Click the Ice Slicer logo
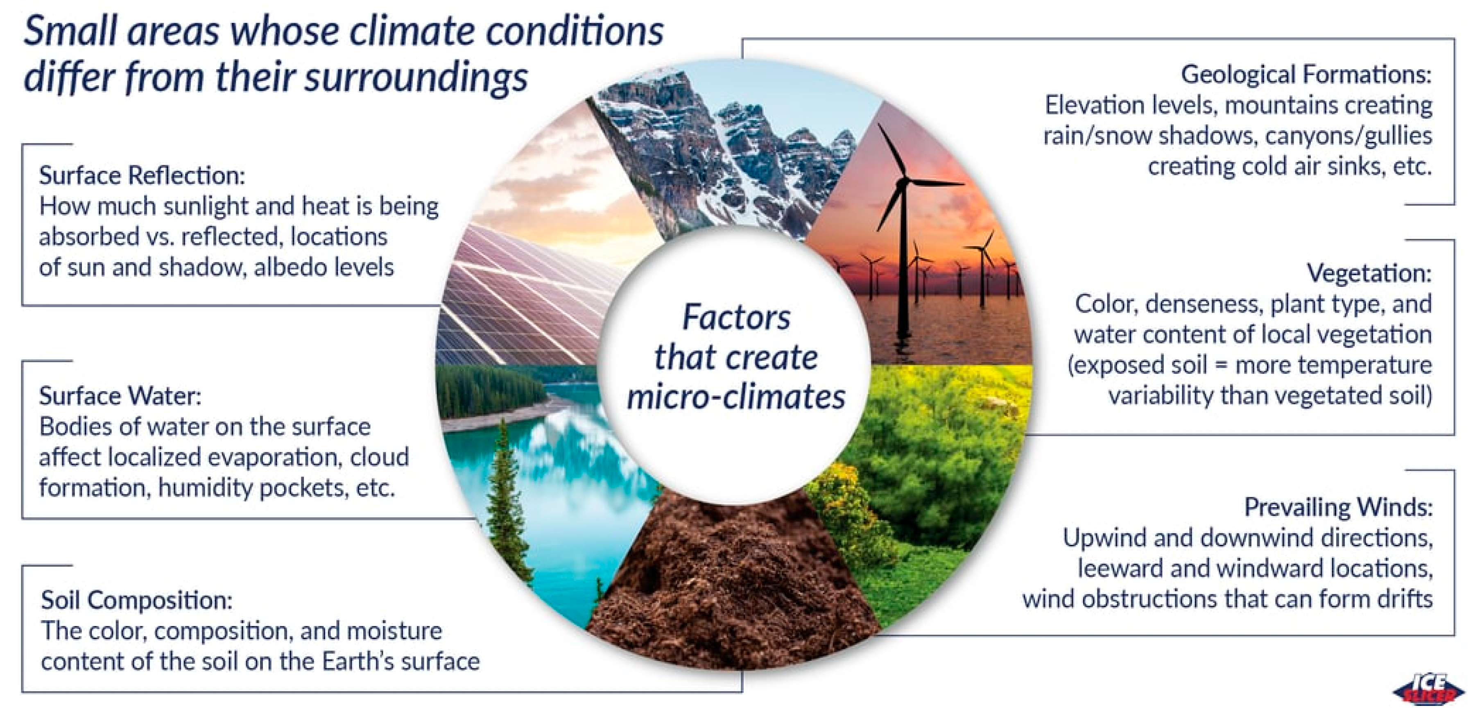pos(1427,690)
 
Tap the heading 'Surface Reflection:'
pos(142,175)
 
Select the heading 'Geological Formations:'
pos(1306,75)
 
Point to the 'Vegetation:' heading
pos(1369,273)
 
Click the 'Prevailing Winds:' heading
pos(1338,507)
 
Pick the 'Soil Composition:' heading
pos(136,601)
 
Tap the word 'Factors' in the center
pos(736,317)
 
